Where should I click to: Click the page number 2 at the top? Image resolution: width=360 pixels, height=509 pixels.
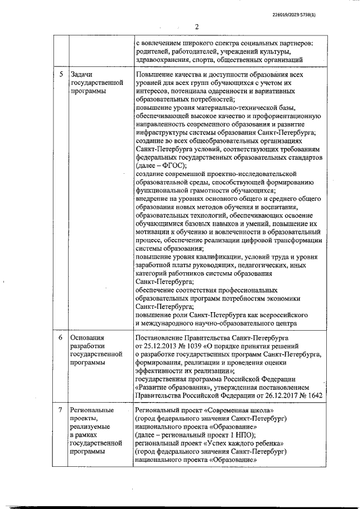197,26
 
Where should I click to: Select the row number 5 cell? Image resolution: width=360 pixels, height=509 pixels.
61,74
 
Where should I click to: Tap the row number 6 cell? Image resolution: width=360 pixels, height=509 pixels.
61,337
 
